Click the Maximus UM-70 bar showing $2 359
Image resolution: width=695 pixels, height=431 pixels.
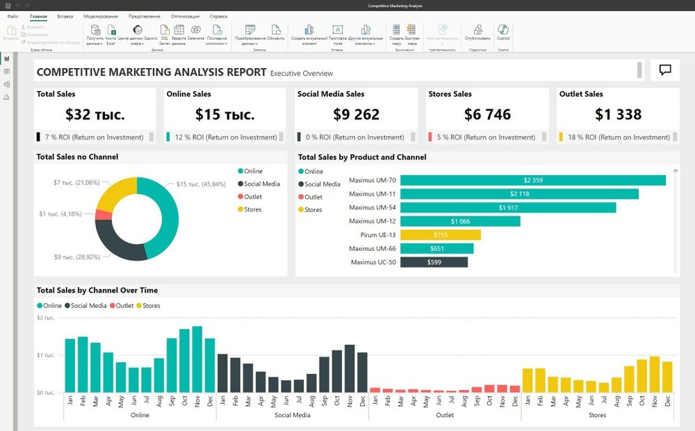pyautogui.click(x=533, y=180)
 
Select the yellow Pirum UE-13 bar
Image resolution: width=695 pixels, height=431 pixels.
pyautogui.click(x=441, y=235)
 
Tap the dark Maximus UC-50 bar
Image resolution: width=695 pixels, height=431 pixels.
pyautogui.click(x=434, y=262)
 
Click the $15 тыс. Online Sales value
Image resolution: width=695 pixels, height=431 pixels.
pyautogui.click(x=224, y=114)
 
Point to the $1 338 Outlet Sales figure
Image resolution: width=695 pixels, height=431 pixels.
pyautogui.click(x=618, y=114)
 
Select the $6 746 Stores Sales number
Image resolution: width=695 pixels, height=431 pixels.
pyautogui.click(x=487, y=114)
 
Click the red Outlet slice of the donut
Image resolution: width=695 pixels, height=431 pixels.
pyautogui.click(x=104, y=214)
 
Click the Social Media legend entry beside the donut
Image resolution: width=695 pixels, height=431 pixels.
pyautogui.click(x=261, y=184)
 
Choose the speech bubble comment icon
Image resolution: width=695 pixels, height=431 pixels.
pyautogui.click(x=665, y=70)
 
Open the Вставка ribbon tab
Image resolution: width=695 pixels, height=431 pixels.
pyautogui.click(x=65, y=16)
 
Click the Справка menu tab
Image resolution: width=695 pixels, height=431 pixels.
pyautogui.click(x=218, y=16)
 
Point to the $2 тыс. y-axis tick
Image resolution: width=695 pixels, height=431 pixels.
pyautogui.click(x=45, y=318)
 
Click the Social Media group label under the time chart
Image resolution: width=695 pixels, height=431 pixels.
pyautogui.click(x=292, y=415)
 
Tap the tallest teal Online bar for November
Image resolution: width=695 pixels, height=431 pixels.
pyautogui.click(x=197, y=359)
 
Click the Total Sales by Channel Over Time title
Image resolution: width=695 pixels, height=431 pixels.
pyautogui.click(x=97, y=290)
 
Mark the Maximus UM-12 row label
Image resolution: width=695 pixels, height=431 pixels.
pyautogui.click(x=372, y=221)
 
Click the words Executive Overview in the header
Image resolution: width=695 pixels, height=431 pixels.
pyautogui.click(x=301, y=73)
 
